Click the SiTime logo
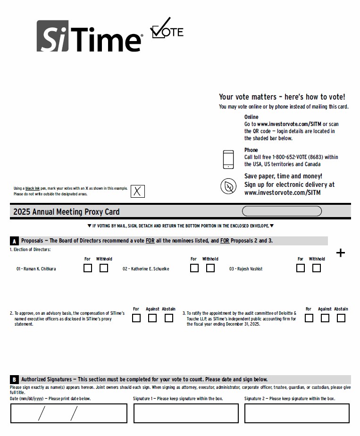90,36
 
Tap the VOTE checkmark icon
166,29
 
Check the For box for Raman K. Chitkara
88,268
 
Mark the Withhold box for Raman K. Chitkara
104,268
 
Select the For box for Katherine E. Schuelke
194,268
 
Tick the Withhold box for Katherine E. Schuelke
210,268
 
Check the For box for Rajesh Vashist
301,268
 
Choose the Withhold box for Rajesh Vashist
317,268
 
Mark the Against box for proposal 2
152,318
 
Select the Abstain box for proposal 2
168,318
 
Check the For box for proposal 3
309,318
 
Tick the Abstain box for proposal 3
341,318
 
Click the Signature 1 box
186,414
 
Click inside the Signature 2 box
297,414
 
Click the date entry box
69,414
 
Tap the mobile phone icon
228,159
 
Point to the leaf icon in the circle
228,186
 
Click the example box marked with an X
137,191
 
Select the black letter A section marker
14,241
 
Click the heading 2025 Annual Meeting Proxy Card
67,212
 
